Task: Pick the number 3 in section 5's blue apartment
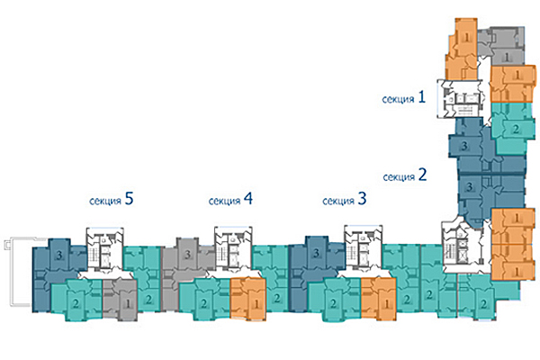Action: [x=58, y=256]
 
